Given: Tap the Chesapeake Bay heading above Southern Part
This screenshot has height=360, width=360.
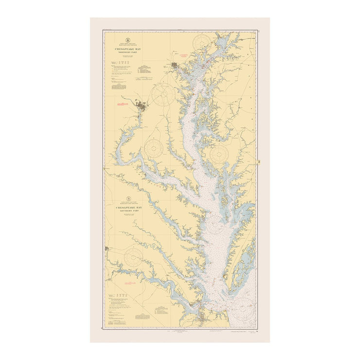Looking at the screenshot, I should point(129,207).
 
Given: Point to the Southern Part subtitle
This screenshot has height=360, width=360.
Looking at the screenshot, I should point(129,211).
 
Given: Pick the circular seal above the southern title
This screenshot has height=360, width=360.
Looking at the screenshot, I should point(129,199).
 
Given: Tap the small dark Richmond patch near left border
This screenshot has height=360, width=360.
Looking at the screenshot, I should point(107,249).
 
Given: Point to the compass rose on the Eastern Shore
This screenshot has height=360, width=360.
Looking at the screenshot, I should point(219,154).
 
